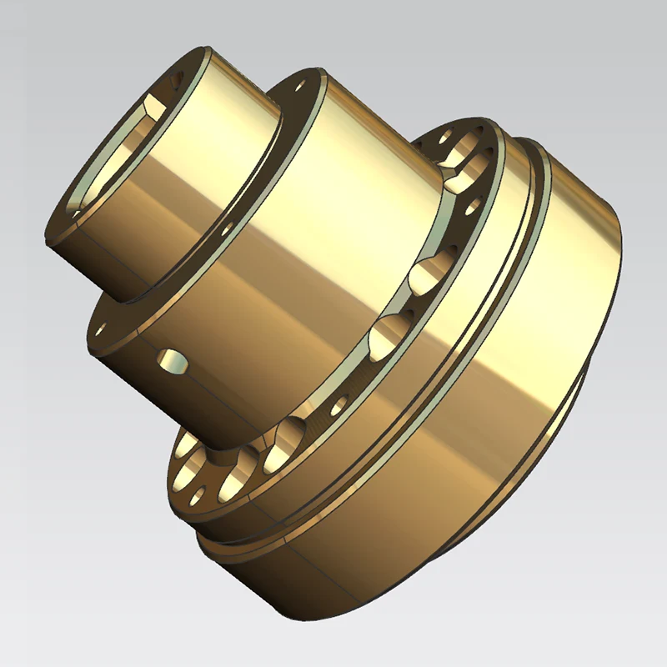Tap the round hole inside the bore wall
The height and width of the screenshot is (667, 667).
[176, 82]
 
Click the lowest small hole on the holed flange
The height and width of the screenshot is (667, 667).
[198, 498]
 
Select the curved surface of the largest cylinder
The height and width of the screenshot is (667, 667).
[517, 375]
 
